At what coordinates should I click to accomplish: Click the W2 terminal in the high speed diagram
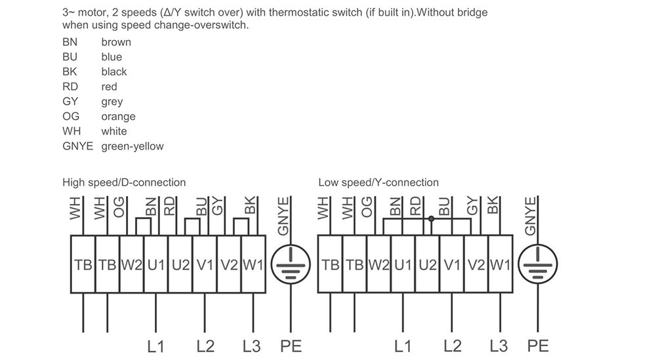pos(131,265)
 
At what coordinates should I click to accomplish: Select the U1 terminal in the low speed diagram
pos(403,265)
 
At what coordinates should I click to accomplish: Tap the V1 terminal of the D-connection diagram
pos(205,265)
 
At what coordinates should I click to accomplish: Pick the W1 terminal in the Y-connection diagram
pos(500,265)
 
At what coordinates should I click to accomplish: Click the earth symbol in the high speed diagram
pos(289,265)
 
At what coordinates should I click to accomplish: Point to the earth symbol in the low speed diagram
pos(537,265)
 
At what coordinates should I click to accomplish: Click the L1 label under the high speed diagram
pos(155,346)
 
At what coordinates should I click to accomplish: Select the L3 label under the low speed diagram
pos(499,346)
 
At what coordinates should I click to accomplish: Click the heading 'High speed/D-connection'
pos(124,182)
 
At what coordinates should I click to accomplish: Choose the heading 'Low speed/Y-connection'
pos(379,182)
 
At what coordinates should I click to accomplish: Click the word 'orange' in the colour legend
pos(118,116)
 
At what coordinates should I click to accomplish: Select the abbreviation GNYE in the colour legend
pos(78,146)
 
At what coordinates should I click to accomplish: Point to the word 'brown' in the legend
pos(116,42)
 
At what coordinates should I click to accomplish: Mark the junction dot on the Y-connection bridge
pos(431,218)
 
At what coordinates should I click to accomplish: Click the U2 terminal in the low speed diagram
pos(427,265)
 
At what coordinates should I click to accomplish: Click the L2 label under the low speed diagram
pos(453,346)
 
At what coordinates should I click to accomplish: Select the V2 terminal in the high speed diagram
pos(229,265)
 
